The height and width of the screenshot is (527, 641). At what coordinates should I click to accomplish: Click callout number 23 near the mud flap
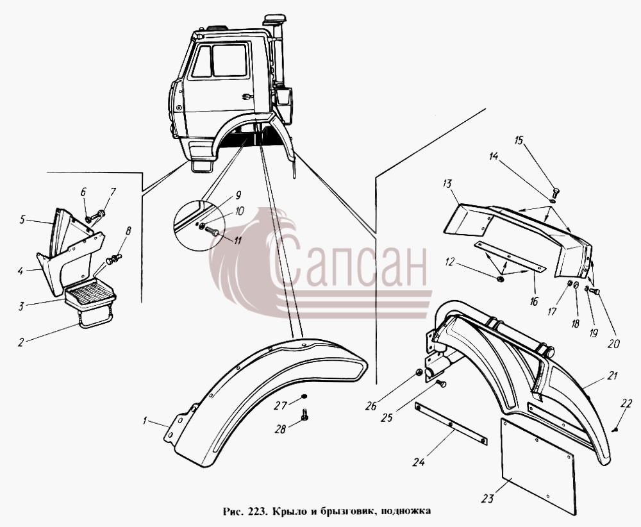click(487, 498)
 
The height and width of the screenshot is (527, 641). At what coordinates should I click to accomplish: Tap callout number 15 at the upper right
click(519, 140)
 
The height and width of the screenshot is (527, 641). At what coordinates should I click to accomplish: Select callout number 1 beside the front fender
click(144, 420)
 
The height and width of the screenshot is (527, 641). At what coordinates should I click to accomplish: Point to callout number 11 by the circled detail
click(237, 240)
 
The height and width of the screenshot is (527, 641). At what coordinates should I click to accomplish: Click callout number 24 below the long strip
click(418, 462)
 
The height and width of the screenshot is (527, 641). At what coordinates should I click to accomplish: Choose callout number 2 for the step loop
click(21, 342)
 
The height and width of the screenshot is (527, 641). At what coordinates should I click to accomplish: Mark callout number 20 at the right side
click(613, 344)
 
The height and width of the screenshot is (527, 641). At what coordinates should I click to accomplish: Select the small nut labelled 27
click(304, 397)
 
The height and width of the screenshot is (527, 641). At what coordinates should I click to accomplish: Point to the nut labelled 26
click(419, 372)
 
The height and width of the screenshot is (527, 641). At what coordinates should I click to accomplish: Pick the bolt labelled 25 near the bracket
click(441, 383)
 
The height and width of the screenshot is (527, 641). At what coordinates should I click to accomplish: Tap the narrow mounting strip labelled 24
click(451, 424)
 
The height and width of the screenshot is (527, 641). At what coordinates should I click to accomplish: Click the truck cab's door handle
click(247, 96)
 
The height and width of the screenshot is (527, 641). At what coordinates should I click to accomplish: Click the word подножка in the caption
click(406, 512)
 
